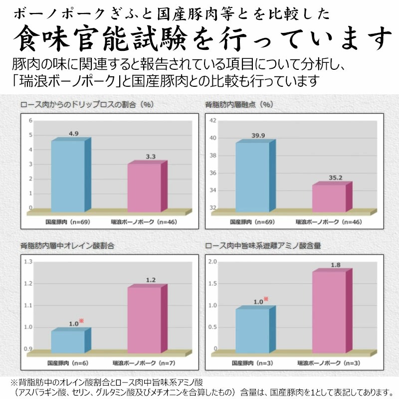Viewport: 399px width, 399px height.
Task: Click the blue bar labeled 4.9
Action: [x=68, y=176]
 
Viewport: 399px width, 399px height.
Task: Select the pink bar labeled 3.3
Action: [x=144, y=187]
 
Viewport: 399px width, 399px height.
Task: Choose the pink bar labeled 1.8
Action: [x=329, y=312]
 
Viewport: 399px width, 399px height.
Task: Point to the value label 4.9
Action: [x=74, y=134]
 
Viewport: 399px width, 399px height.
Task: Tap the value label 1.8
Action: [x=335, y=265]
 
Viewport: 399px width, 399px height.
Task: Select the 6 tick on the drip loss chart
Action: [x=30, y=120]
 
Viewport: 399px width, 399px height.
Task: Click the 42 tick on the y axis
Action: [x=212, y=120]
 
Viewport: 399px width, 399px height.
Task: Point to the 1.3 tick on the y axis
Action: [x=28, y=262]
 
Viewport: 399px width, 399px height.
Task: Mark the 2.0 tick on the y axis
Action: [x=212, y=262]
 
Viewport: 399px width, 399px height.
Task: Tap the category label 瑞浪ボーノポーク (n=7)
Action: [x=144, y=364]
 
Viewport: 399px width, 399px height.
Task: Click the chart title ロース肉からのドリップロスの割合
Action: [x=86, y=105]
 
